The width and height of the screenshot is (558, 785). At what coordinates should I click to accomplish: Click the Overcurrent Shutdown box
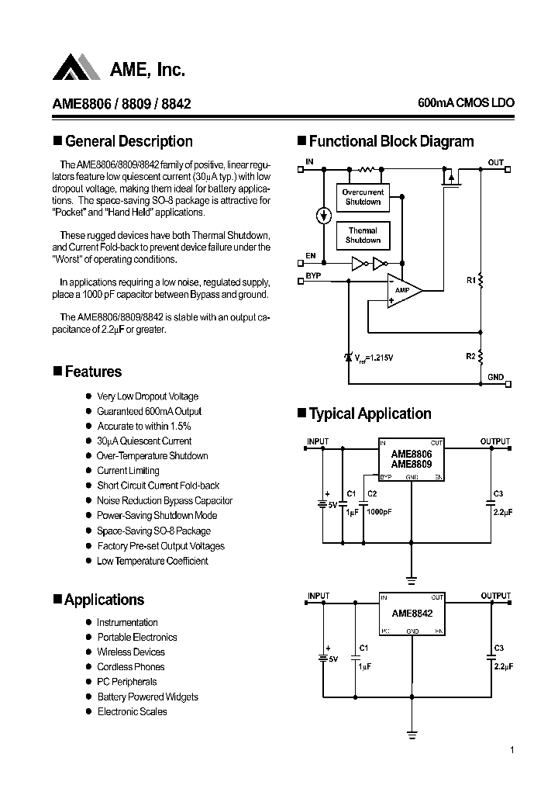click(363, 197)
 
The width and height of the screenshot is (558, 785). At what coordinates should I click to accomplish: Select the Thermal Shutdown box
click(363, 235)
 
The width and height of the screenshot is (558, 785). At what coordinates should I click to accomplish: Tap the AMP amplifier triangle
click(404, 290)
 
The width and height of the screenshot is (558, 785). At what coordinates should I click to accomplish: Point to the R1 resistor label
click(471, 282)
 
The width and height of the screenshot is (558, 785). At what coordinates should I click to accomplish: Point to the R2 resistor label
click(471, 356)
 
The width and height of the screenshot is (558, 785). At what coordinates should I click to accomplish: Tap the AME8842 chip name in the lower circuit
click(412, 613)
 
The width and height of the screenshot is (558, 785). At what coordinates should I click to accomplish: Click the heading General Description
click(129, 141)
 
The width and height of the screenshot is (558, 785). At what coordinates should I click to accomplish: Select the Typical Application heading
click(370, 413)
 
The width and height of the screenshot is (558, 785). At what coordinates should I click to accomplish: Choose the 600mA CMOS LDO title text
click(465, 103)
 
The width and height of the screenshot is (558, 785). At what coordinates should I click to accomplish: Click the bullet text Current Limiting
click(128, 471)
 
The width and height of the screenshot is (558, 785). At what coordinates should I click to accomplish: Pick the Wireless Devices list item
click(131, 652)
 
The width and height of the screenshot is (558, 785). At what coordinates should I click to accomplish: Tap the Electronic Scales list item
click(132, 711)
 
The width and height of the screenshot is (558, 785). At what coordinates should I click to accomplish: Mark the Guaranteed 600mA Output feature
click(149, 412)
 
